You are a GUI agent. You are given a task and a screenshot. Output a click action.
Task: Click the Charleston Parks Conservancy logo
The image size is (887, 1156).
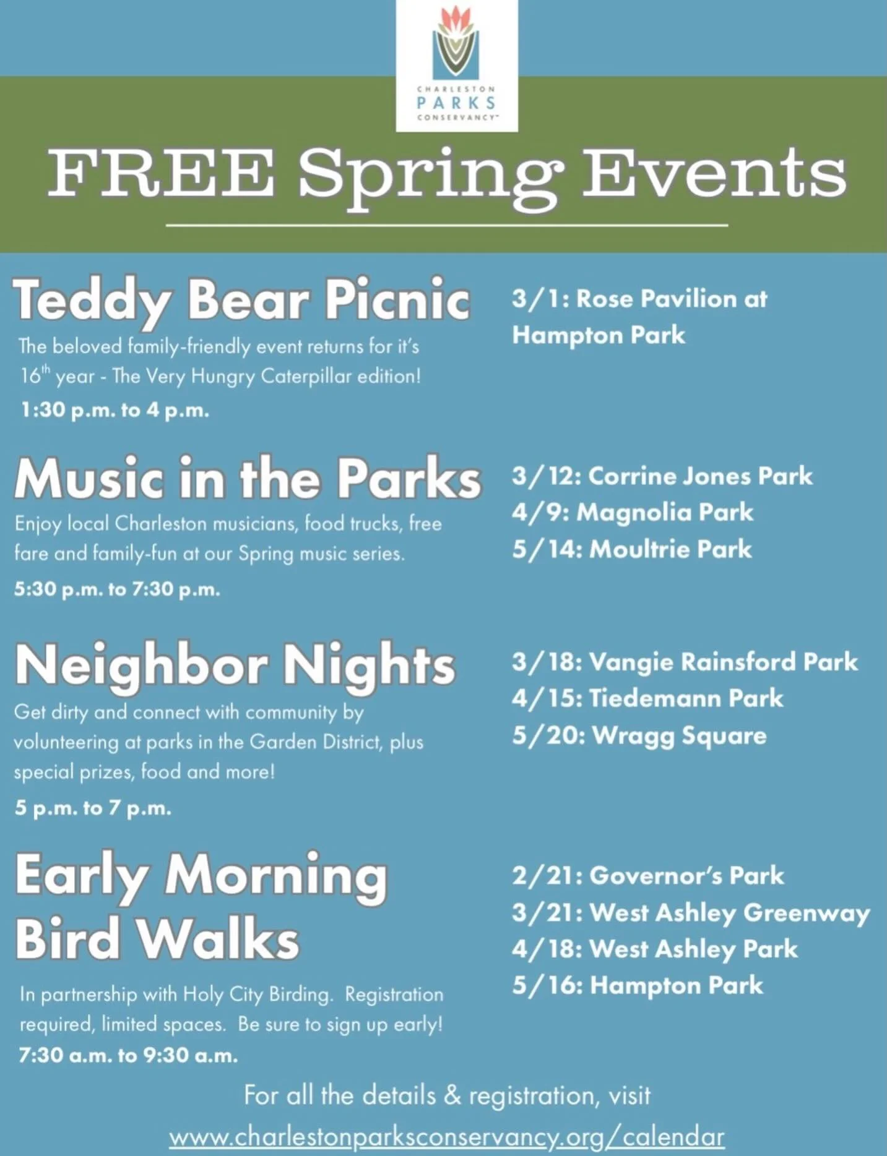[x=456, y=65]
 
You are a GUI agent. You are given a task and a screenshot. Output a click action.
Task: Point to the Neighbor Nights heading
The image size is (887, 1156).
[x=235, y=666]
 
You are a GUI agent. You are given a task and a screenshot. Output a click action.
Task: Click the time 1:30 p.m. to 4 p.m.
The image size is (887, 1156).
[x=115, y=410]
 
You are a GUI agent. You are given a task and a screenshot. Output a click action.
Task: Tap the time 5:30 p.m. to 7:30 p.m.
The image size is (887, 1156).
[x=117, y=589]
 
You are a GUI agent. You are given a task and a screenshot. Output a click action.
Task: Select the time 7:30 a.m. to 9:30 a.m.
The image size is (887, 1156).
[x=128, y=1055]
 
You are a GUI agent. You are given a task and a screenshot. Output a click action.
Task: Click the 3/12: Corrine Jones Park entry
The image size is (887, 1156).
[x=662, y=476]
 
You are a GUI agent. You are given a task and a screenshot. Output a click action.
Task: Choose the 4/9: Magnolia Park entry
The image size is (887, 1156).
[x=632, y=513]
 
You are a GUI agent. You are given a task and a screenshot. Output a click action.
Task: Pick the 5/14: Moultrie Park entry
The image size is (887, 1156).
[x=631, y=549]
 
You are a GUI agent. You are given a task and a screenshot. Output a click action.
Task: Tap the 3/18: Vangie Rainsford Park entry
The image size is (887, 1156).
[x=685, y=662]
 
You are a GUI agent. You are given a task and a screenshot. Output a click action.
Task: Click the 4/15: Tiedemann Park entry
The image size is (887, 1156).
[x=647, y=699]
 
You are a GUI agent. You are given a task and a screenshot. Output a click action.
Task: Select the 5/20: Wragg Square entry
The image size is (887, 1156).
[x=639, y=736]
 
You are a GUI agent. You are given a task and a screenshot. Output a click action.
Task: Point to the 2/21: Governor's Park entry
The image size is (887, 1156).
[x=647, y=876]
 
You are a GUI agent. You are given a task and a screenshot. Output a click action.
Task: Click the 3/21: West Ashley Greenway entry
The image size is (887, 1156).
[x=691, y=913]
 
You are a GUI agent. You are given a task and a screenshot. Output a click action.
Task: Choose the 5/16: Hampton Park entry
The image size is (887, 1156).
[x=637, y=985]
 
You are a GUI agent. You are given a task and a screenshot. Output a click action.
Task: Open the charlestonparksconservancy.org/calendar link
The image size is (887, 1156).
[x=446, y=1137]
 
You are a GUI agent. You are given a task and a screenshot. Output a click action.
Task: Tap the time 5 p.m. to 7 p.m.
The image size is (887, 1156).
[x=93, y=808]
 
